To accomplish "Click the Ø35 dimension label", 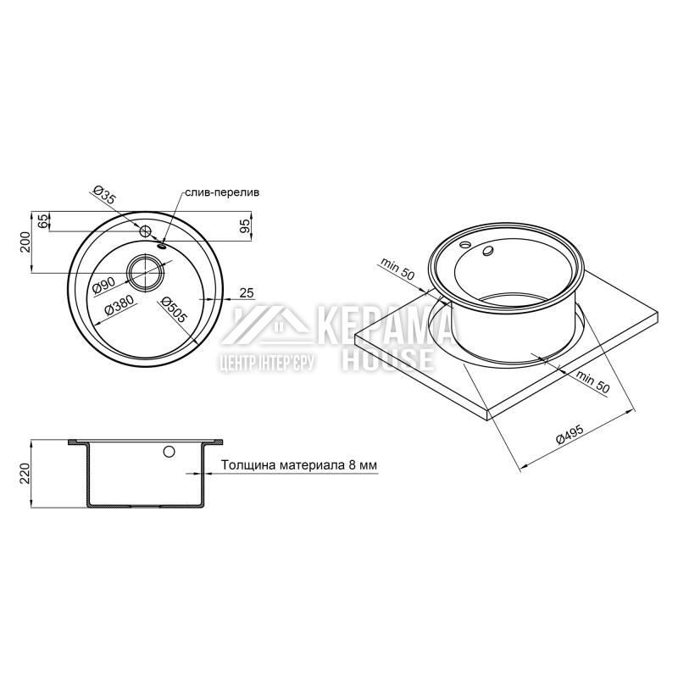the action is (105, 195).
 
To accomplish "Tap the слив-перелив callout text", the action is (222, 192).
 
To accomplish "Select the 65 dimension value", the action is (42, 221).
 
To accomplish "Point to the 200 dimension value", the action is (25, 242).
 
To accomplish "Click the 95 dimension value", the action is (244, 226).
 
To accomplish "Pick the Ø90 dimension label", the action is (103, 285).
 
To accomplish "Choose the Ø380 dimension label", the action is (119, 305).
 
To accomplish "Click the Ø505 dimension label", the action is (173, 309).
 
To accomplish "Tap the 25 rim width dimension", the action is (246, 293).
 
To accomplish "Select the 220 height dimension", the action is (25, 474).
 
